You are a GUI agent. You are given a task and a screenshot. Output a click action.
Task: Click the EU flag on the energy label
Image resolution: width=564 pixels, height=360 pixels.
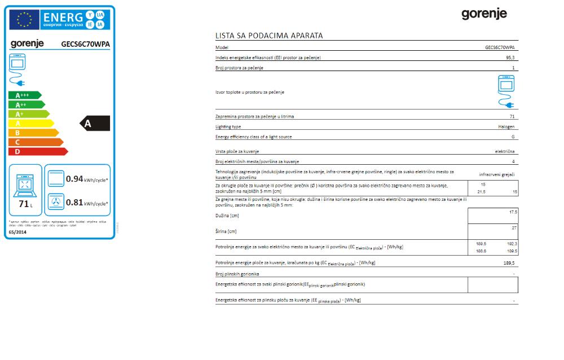pos(24,20)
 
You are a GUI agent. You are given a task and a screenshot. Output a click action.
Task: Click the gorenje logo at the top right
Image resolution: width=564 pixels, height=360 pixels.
pos(484,14)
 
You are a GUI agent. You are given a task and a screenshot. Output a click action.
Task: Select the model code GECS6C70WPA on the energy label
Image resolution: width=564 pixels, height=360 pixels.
pos(85,44)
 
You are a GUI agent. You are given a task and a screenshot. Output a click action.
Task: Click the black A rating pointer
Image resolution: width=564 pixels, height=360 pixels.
pos(95,124)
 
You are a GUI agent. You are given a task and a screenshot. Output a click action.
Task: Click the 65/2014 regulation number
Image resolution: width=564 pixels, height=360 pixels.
pos(17,232)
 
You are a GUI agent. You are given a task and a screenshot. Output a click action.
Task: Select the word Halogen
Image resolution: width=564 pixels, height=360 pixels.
pos(506,127)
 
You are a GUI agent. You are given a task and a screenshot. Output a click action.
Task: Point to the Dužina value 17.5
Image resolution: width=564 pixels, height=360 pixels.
pos(513,212)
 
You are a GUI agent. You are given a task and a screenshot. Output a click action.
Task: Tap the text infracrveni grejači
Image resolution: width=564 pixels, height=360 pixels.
pos(497,174)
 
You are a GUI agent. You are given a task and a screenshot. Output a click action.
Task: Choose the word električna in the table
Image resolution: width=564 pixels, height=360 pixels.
pos(504,152)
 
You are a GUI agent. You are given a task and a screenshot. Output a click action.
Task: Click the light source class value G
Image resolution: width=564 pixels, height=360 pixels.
pos(513,137)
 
